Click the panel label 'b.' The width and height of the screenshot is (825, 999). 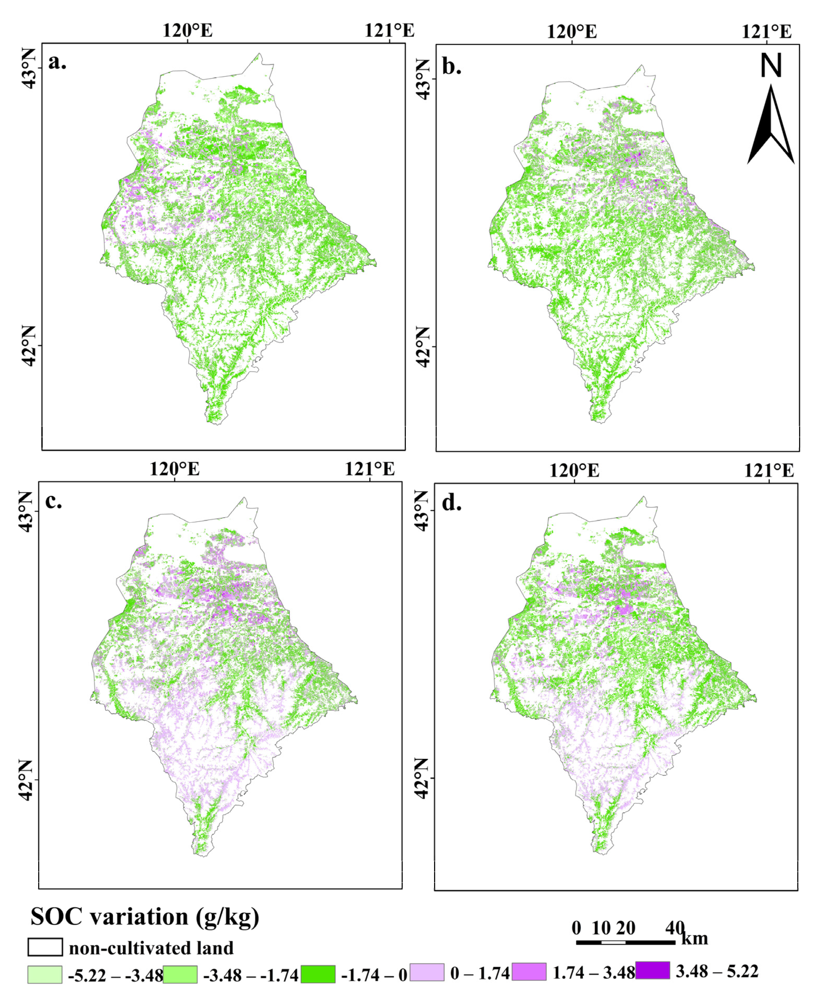451,67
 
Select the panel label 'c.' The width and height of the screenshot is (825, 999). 53,501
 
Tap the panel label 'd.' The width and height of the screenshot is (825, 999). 451,503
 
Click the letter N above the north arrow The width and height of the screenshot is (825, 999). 770,66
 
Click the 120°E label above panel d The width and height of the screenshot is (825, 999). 574,470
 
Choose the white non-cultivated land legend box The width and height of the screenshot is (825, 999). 45,947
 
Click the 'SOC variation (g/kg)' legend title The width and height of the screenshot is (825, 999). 145,916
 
